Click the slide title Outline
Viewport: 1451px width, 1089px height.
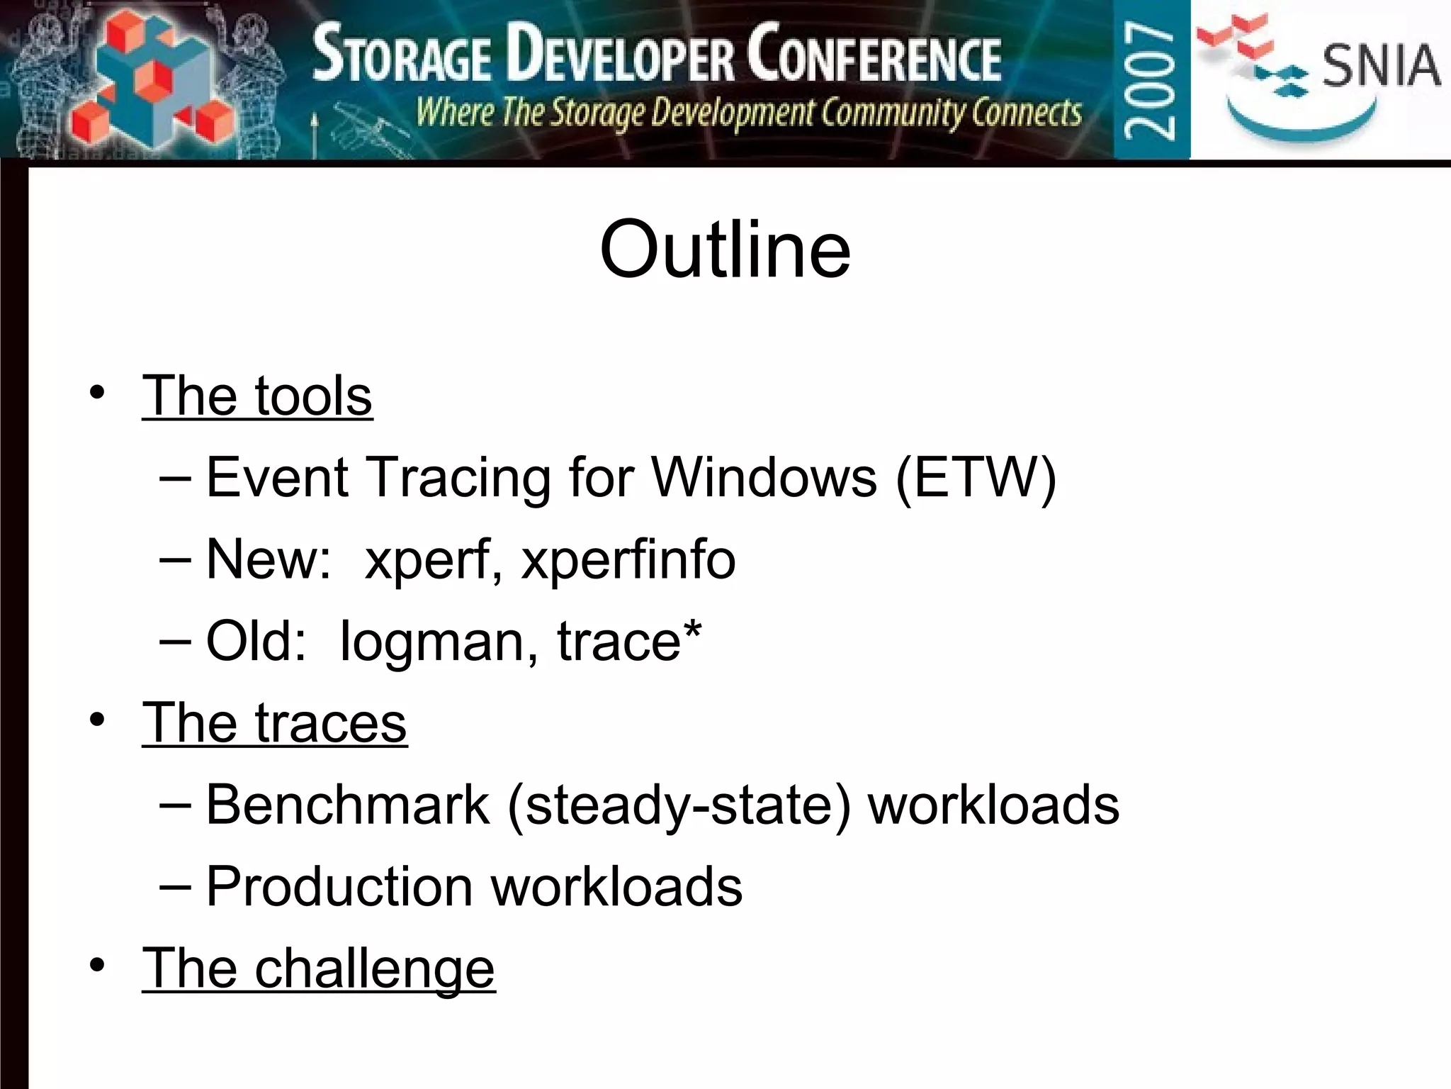725,250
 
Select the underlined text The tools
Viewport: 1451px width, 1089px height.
257,396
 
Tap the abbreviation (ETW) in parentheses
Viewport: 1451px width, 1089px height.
976,478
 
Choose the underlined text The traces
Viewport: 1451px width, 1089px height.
274,723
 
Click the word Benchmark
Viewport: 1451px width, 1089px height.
347,805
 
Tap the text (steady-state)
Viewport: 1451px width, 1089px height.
679,806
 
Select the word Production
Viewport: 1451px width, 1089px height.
339,887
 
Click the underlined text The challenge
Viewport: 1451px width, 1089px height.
318,968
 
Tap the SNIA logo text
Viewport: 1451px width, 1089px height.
1380,65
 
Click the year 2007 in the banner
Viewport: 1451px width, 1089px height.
1151,79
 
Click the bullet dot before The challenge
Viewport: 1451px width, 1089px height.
98,965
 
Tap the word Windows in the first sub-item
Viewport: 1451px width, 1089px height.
764,478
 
